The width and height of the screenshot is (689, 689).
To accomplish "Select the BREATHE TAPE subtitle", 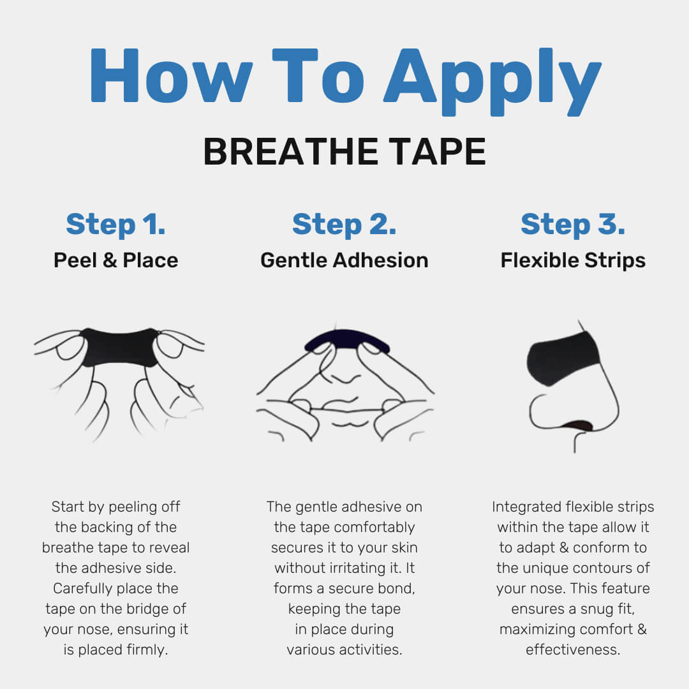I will [x=344, y=152].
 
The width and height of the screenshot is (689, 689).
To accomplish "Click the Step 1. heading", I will [x=115, y=225].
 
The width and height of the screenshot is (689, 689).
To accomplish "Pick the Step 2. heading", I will [x=344, y=225].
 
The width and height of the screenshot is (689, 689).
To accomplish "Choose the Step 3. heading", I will [x=573, y=225].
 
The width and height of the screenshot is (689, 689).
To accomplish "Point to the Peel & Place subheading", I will [x=115, y=260].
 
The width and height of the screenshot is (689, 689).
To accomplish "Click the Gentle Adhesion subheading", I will [x=344, y=260].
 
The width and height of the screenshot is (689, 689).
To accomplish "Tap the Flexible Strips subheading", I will [x=573, y=260].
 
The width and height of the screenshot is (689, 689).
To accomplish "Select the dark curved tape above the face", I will [x=346, y=339].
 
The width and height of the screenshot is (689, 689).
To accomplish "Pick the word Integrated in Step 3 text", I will [x=526, y=507].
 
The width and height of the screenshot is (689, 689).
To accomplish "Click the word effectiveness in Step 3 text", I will [x=573, y=649].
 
